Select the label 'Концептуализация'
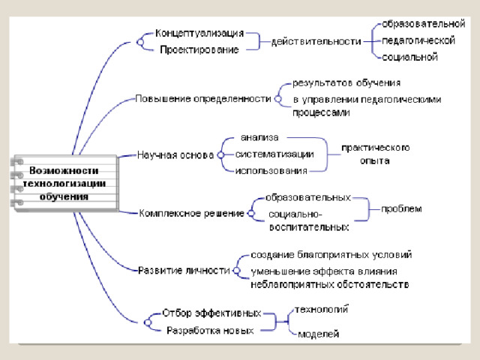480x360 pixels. tap(199, 34)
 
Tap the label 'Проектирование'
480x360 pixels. tap(199, 49)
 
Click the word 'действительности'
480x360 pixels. tap(316, 42)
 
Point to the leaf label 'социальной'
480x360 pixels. tap(409, 57)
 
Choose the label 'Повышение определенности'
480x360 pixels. tap(202, 98)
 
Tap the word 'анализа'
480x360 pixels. tap(259, 137)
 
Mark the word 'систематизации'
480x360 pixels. tap(274, 154)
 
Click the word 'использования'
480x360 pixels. tap(271, 171)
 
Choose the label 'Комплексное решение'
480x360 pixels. tap(192, 213)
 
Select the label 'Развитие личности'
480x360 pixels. tap(184, 270)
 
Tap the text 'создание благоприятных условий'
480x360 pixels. tap(331, 255)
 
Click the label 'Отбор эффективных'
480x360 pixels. tap(212, 313)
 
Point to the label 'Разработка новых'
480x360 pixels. tap(210, 330)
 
